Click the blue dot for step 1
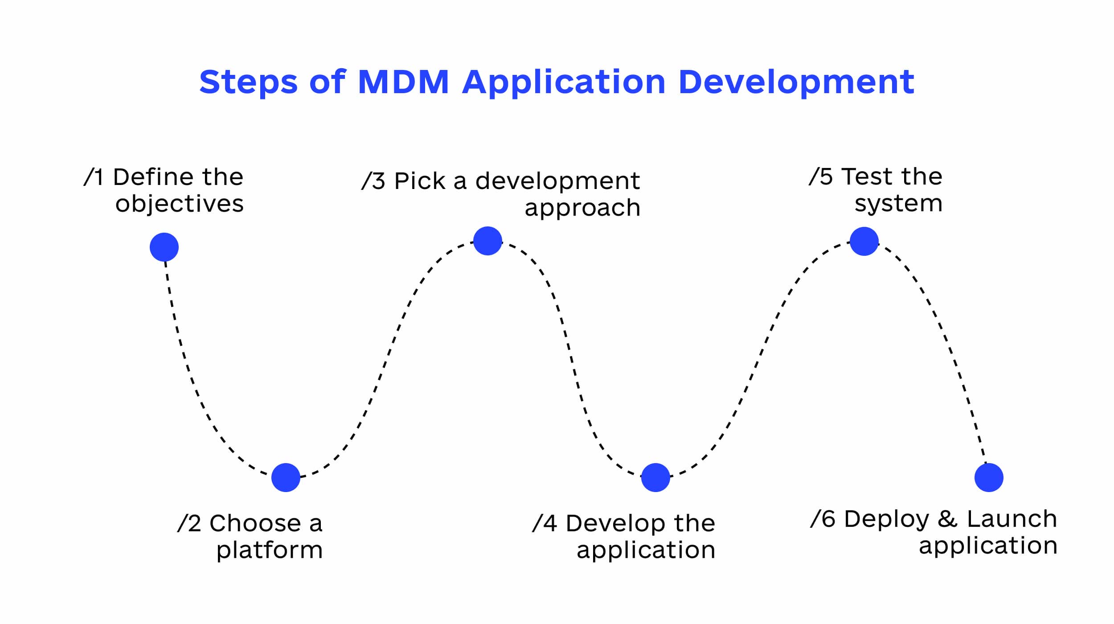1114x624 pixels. pyautogui.click(x=164, y=247)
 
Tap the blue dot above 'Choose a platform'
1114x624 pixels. pyautogui.click(x=286, y=477)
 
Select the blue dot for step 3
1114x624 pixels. pyautogui.click(x=487, y=241)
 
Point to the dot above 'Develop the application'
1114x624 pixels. pyautogui.click(x=655, y=477)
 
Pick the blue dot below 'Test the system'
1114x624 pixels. pyautogui.click(x=864, y=241)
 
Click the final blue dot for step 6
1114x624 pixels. pyautogui.click(x=989, y=477)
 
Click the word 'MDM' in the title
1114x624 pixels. pyautogui.click(x=403, y=82)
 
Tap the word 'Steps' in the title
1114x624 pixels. pyautogui.click(x=248, y=82)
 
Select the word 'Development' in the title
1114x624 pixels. pyautogui.click(x=796, y=82)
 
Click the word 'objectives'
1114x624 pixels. pyautogui.click(x=180, y=204)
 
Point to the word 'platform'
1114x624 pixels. pyautogui.click(x=270, y=550)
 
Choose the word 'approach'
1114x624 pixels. pyautogui.click(x=582, y=208)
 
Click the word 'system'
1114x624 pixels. pyautogui.click(x=898, y=204)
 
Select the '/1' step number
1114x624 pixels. pyautogui.click(x=94, y=177)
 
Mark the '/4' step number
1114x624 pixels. pyautogui.click(x=544, y=523)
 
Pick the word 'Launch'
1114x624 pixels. pyautogui.click(x=1012, y=519)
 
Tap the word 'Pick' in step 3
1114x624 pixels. pyautogui.click(x=420, y=181)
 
